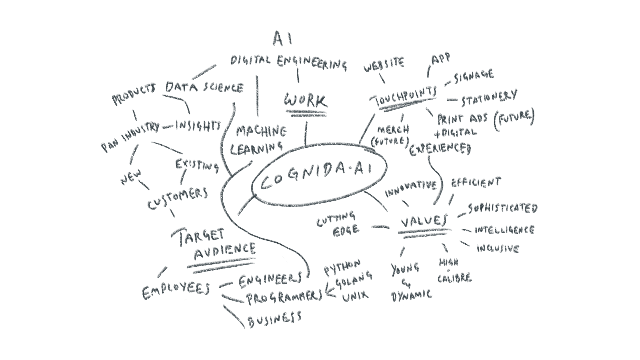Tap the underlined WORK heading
click(305, 100)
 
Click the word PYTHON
click(342, 267)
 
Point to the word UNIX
click(355, 295)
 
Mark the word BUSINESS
click(274, 319)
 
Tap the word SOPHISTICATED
click(503, 208)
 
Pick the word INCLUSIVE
click(498, 249)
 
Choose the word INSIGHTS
click(198, 126)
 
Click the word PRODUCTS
click(134, 95)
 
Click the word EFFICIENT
click(476, 183)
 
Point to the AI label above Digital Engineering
click(282, 39)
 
